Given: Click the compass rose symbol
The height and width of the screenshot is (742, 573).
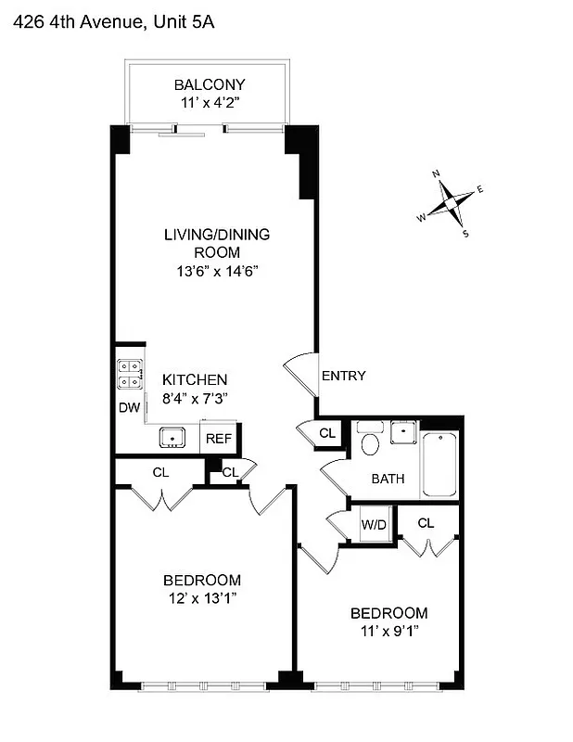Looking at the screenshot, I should [x=450, y=203].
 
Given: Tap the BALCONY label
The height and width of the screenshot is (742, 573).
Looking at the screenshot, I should [x=210, y=85].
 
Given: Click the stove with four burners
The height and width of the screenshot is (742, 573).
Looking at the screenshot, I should [x=129, y=373].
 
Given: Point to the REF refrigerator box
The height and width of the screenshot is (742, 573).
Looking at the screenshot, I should [x=218, y=439].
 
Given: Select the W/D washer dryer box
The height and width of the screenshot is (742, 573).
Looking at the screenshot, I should [x=374, y=525].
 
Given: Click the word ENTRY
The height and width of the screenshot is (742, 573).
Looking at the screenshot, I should [x=343, y=376].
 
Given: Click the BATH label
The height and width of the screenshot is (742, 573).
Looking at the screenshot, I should [x=387, y=480].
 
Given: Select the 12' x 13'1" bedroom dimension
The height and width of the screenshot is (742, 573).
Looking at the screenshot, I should [x=203, y=598].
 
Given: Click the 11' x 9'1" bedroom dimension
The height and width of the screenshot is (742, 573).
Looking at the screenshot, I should [x=388, y=632].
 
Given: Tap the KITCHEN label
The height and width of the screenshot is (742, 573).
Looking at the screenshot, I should [x=195, y=379].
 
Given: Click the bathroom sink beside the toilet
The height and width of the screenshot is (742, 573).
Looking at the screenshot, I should [x=403, y=433].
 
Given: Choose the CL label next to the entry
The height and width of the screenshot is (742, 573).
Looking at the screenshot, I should [x=326, y=433].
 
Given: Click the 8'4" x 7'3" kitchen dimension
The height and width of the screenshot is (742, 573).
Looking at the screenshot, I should [x=195, y=398].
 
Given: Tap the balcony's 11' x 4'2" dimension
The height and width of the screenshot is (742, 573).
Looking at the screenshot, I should [x=210, y=103].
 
